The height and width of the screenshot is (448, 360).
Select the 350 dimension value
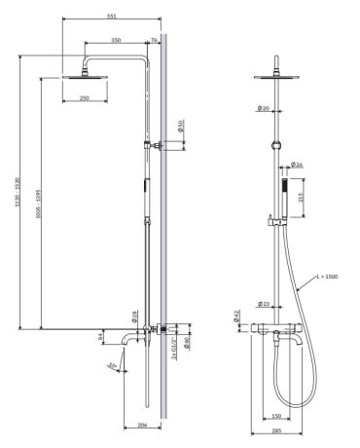point(116,40)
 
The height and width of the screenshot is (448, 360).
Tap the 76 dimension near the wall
point(156,40)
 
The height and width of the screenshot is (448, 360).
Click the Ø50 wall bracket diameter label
point(181,128)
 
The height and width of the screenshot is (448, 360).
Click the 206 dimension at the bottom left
point(142,426)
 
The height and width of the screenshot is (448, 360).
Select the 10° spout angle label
point(112,366)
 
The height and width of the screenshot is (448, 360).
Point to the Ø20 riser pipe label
point(264,108)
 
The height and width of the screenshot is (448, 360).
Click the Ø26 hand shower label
point(298,166)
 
